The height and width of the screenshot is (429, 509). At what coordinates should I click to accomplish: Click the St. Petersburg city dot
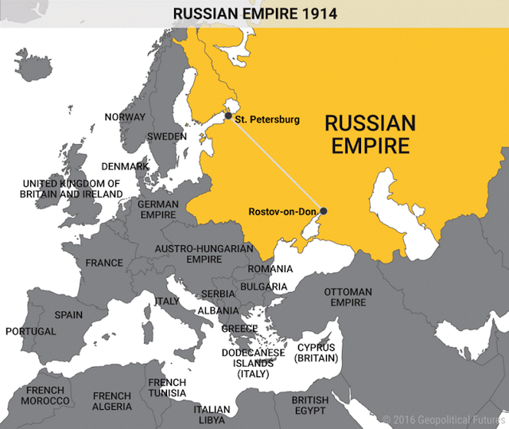pyautogui.click(x=228, y=116)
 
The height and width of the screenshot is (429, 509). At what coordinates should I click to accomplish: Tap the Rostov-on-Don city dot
pyautogui.click(x=324, y=211)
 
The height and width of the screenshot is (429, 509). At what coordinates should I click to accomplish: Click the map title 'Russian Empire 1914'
pyautogui.click(x=254, y=14)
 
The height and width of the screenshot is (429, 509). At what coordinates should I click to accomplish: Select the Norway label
pyautogui.click(x=125, y=117)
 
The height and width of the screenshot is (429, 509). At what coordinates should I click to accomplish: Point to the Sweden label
pyautogui.click(x=167, y=136)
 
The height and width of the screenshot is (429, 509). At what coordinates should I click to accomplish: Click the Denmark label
pyautogui.click(x=124, y=166)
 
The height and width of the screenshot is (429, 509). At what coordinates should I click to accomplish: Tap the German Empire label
pyautogui.click(x=158, y=209)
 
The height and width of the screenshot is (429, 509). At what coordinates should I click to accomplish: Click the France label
pyautogui.click(x=104, y=263)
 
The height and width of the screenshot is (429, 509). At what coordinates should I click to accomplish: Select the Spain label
pyautogui.click(x=68, y=314)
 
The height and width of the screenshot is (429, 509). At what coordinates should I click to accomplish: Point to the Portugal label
pyautogui.click(x=30, y=331)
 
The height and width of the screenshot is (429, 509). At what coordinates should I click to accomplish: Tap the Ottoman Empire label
pyautogui.click(x=348, y=297)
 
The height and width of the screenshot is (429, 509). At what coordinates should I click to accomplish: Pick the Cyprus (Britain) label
pyautogui.click(x=317, y=353)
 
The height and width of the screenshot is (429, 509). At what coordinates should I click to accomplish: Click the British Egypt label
pyautogui.click(x=309, y=405)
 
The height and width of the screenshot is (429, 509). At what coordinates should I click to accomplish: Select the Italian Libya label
pyautogui.click(x=211, y=414)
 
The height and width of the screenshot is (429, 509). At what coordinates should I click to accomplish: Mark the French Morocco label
pyautogui.click(x=45, y=396)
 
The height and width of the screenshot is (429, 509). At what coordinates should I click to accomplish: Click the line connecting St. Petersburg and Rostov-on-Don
pyautogui.click(x=276, y=163)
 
